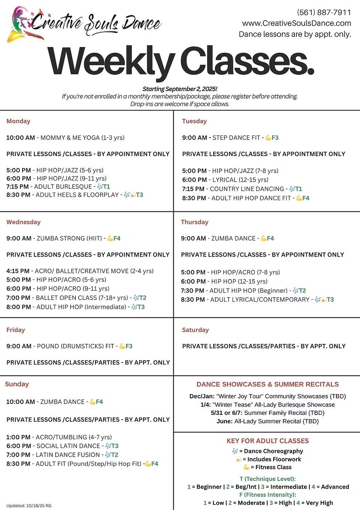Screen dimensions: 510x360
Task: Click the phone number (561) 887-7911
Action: pos(324,12)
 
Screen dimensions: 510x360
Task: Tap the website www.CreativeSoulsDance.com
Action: pos(296,23)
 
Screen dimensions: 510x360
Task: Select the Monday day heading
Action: pos(18,121)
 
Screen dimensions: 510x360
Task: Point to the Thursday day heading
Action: pos(195,222)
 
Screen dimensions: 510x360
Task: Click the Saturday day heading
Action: pos(195,330)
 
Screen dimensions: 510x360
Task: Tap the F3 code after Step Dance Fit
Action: pos(275,138)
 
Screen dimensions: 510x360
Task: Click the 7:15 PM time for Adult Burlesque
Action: pos(17,187)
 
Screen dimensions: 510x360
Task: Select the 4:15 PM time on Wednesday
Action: pos(18,271)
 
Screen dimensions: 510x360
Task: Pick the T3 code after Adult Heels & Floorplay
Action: pos(139,195)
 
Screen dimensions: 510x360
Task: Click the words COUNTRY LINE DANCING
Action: pos(247,189)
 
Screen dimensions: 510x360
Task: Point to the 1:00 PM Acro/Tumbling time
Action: pos(18,437)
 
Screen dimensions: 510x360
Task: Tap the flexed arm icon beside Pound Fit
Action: pos(122,346)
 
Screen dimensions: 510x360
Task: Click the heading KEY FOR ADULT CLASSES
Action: pos(268,441)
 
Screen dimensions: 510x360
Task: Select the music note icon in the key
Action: pos(235,451)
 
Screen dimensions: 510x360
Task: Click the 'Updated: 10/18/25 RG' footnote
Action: pos(29,505)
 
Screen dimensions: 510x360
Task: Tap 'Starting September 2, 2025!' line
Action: pos(180,89)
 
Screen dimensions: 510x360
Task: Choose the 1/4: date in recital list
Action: pos(206,405)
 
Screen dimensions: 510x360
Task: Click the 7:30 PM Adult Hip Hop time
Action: pos(192,290)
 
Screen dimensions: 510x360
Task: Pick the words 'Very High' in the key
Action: pos(319,503)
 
